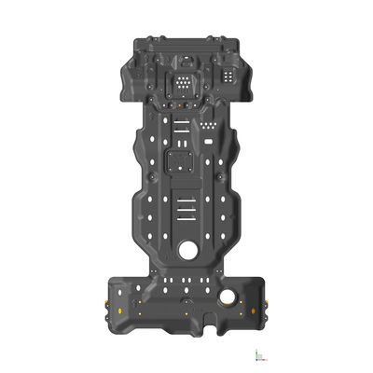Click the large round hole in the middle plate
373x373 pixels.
coord(189,249)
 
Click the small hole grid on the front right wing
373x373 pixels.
coord(225,75)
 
